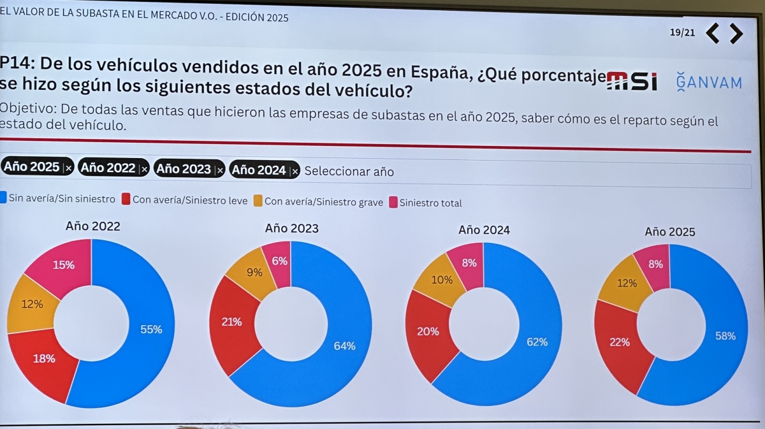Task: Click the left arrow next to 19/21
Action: coord(713,33)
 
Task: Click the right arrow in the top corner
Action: coord(736,33)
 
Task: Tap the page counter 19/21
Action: coord(682,33)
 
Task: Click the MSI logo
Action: coord(632,81)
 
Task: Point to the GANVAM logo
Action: coord(709,82)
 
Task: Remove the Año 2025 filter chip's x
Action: coord(68,168)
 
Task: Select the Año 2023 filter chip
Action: coord(183,169)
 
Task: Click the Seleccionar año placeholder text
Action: coord(349,171)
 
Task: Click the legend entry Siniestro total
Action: coord(430,203)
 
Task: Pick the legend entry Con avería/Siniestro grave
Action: coord(323,202)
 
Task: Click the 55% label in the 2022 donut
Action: coord(151,330)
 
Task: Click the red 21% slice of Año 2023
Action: coord(231,322)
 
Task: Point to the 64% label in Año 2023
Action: coord(345,346)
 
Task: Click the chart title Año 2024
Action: coord(484,230)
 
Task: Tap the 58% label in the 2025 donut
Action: coord(725,336)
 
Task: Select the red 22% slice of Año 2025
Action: coord(619,342)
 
